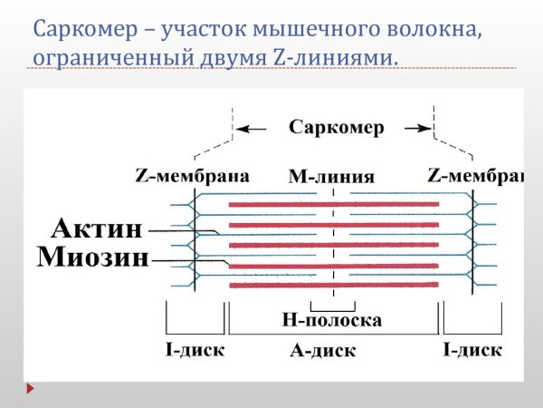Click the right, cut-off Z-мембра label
(x=475, y=175)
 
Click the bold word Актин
(x=98, y=228)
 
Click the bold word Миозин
(x=92, y=257)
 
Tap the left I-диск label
(x=194, y=349)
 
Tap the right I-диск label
(x=471, y=349)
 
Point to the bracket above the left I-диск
(x=195, y=320)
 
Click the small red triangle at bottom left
(x=30, y=388)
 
